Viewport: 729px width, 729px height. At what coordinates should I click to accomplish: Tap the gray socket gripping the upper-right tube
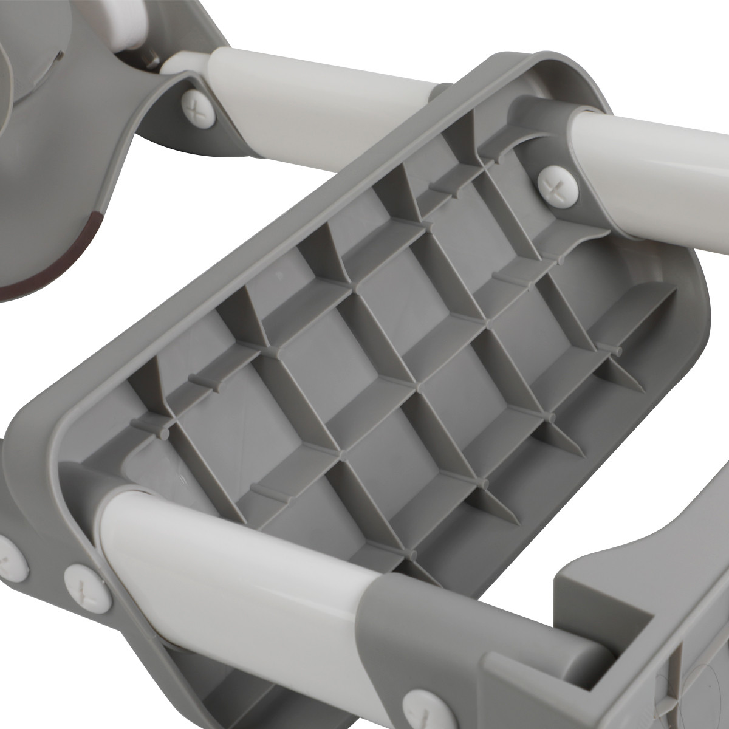(x=541, y=122)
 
